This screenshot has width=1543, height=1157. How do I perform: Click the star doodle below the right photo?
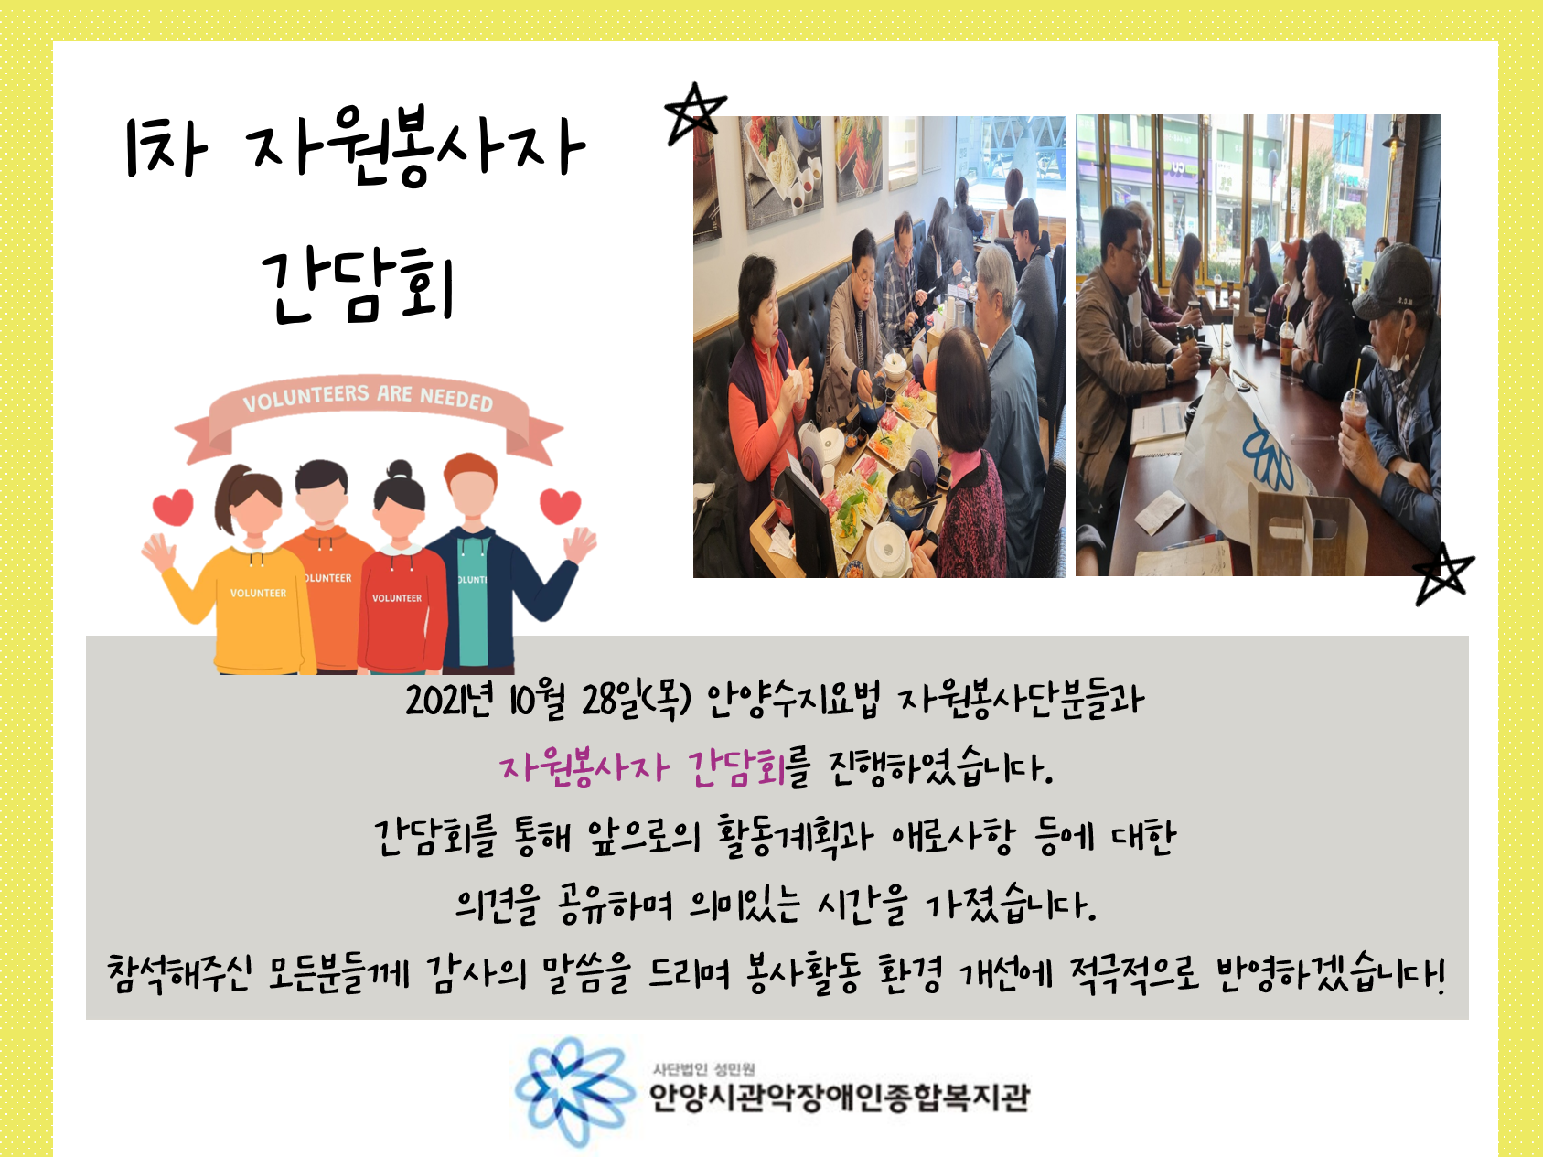click(1443, 574)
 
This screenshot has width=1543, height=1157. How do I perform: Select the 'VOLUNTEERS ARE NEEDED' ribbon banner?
click(369, 412)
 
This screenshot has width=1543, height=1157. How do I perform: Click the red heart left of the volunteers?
click(173, 508)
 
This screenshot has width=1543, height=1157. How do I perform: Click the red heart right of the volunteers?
click(560, 506)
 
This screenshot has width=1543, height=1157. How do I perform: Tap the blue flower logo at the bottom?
click(573, 1092)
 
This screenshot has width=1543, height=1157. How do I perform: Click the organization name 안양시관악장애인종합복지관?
click(840, 1097)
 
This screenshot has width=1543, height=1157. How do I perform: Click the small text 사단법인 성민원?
click(703, 1069)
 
